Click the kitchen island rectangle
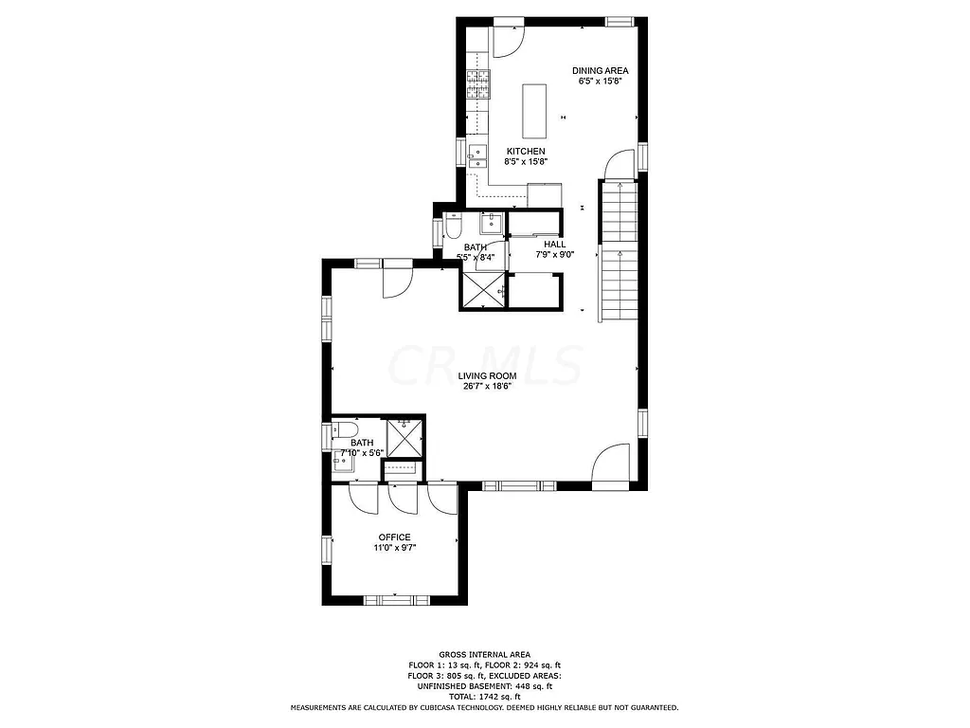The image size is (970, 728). [x=534, y=109]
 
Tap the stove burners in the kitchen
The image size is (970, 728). [x=478, y=85]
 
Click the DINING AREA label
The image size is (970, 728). [x=600, y=70]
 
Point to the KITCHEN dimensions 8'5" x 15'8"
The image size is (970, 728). [x=525, y=162]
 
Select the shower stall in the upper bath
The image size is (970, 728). [x=482, y=291]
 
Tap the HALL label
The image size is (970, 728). [x=554, y=244]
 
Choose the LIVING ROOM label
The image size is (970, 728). [x=489, y=375]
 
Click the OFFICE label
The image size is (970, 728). [x=394, y=537]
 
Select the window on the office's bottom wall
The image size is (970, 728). [x=396, y=599]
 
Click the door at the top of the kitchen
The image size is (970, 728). [x=507, y=36]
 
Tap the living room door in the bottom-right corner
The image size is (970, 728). [x=611, y=465]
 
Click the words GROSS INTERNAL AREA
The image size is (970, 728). [x=484, y=654]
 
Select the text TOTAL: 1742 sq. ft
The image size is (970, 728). [x=484, y=697]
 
